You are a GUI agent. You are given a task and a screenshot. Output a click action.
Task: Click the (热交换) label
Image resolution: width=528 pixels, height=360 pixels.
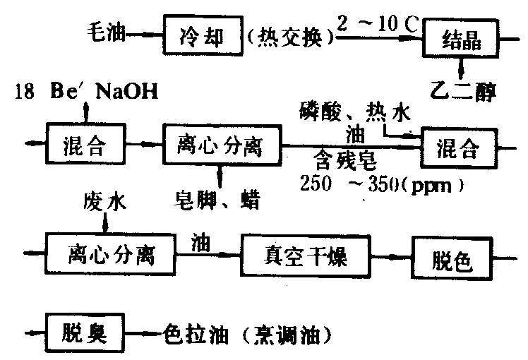[289, 36]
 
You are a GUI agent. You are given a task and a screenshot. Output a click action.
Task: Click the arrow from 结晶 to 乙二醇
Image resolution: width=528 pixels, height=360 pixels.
[461, 69]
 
